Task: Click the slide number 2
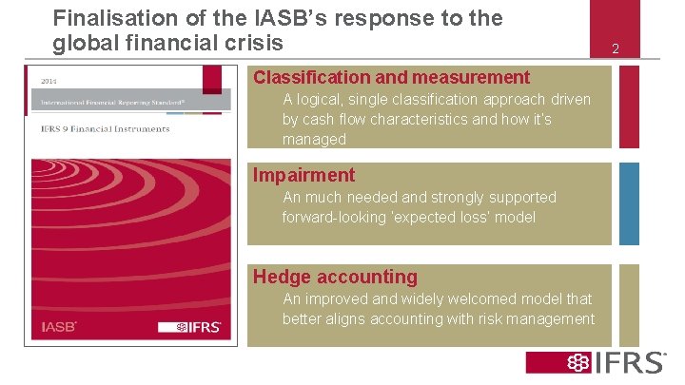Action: pos(615,48)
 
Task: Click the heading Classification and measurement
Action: pos(391,77)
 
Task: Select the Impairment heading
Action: pos(303,175)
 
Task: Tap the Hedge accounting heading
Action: pos(335,277)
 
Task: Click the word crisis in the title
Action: pos(255,43)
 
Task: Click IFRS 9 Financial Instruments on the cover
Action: pos(105,128)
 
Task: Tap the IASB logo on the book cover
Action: pos(59,327)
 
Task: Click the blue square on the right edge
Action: pos(630,203)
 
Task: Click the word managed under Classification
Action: pos(314,140)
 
